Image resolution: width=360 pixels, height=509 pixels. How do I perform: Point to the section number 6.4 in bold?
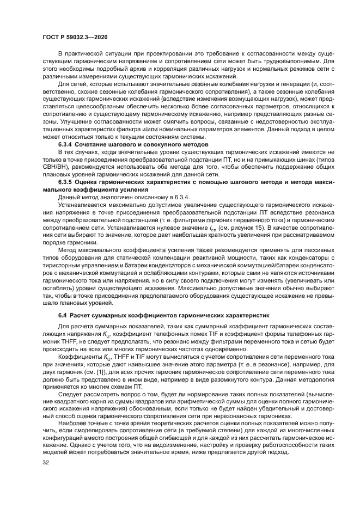point(63,316)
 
